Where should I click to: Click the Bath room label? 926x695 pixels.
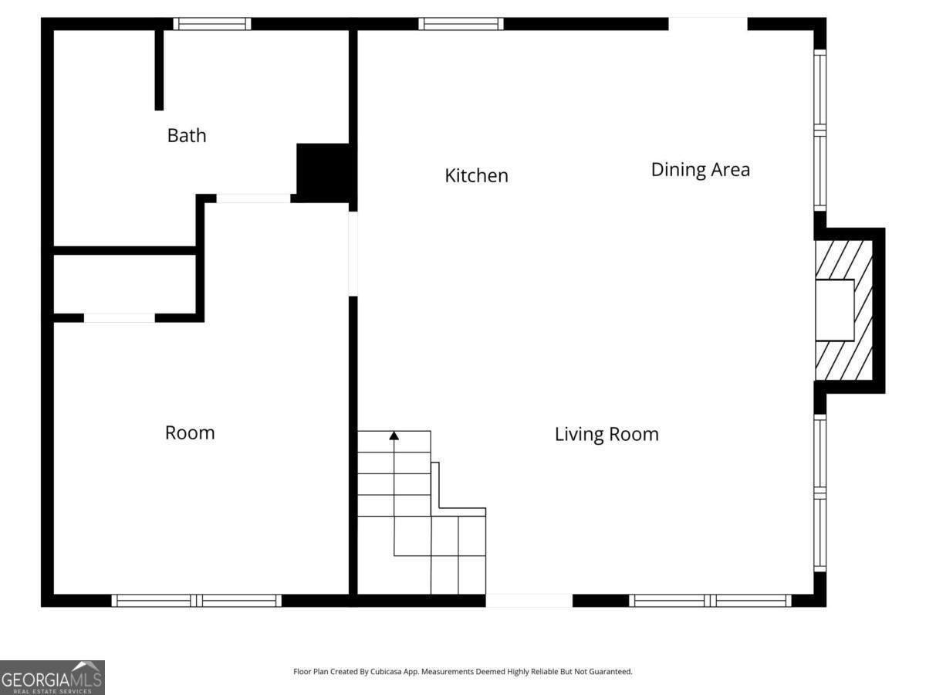[187, 135]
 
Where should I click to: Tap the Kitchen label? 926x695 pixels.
[476, 175]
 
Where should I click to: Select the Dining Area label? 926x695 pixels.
[701, 170]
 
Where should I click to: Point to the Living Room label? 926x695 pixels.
[607, 434]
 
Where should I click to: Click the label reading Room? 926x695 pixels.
[190, 432]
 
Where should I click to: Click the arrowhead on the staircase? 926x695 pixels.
[394, 436]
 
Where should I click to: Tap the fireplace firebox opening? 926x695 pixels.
[834, 310]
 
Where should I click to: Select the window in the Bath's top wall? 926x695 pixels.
[211, 24]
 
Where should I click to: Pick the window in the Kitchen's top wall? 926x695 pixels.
[461, 24]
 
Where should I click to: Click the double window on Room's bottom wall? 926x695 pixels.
[196, 601]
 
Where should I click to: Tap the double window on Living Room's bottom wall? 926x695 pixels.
[711, 601]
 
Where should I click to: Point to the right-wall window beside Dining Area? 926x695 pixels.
[820, 130]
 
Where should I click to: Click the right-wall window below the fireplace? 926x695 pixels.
[820, 493]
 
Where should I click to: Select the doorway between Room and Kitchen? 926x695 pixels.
[353, 253]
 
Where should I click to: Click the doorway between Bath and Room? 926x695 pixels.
[253, 198]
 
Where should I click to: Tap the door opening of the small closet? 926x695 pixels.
[120, 317]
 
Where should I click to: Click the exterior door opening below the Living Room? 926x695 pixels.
[529, 601]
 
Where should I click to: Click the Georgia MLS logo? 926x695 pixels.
[52, 678]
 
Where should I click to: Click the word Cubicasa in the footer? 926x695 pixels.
[386, 672]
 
